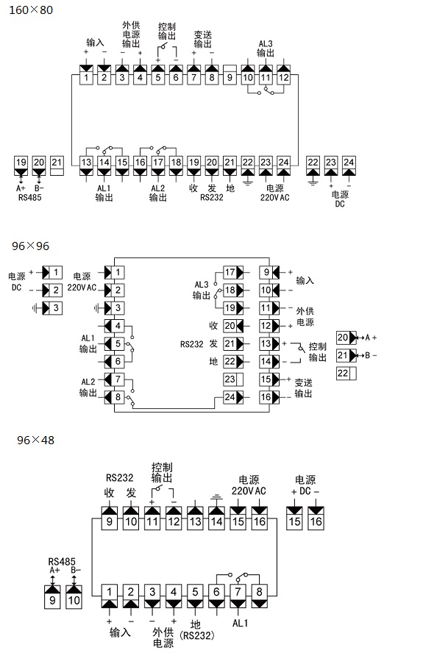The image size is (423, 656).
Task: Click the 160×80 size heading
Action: coord(31,10)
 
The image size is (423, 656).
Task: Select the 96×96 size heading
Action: coord(31,246)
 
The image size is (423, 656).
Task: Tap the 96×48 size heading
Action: coord(35,440)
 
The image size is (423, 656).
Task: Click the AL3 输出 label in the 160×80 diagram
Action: coord(266,49)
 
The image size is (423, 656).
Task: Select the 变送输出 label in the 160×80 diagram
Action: coord(203,39)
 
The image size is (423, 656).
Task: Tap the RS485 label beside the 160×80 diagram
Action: coord(29,198)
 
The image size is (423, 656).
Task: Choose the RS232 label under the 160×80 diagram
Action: coord(211,198)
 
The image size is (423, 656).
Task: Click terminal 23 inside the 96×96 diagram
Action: coord(233,379)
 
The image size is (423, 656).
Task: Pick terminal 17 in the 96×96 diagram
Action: coord(233,272)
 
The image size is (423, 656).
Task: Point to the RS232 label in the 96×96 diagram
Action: coord(191,344)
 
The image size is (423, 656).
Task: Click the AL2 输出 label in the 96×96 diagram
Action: coord(88,388)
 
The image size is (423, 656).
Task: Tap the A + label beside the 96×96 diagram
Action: coord(371,338)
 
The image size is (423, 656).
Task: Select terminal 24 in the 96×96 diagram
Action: coord(233,397)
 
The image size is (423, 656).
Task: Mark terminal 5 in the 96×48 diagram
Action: coord(195,596)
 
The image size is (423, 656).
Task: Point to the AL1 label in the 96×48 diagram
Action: coord(240,624)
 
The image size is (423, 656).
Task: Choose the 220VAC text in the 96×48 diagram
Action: coord(249,491)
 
